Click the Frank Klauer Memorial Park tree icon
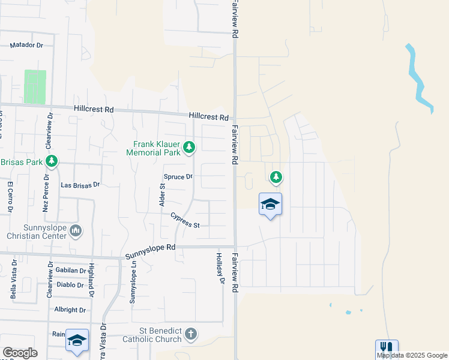click(x=189, y=147)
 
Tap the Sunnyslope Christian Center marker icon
click(x=76, y=230)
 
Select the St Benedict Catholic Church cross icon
click(x=190, y=334)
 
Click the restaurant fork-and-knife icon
click(x=387, y=348)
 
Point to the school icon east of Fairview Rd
click(x=270, y=205)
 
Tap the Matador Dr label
click(x=27, y=45)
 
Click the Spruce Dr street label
click(x=178, y=176)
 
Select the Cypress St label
click(x=185, y=220)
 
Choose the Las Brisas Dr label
click(x=80, y=185)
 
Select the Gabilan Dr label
click(x=70, y=271)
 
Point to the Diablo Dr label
click(x=71, y=285)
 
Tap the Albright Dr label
click(x=70, y=310)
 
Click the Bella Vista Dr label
click(x=13, y=284)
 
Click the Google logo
click(x=20, y=353)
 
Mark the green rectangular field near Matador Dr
click(x=35, y=87)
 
